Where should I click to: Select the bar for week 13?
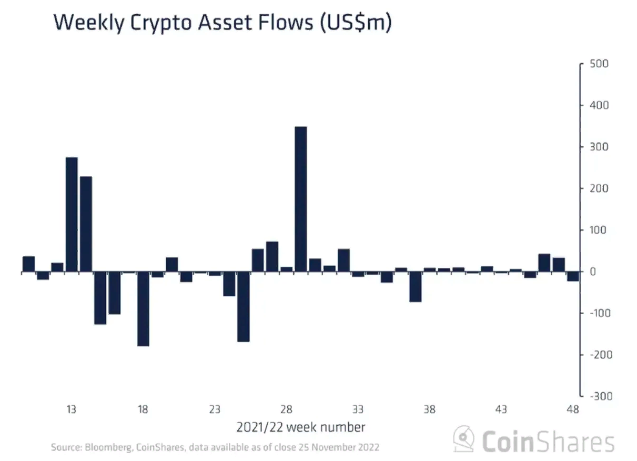pos(72,214)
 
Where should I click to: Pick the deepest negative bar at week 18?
pos(143,309)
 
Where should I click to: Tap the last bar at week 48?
pos(573,277)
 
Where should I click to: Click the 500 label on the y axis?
pos(599,64)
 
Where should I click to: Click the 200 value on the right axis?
pos(599,188)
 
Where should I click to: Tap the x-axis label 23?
pos(215,409)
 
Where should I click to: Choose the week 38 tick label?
pos(430,409)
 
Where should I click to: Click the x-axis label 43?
pos(501,409)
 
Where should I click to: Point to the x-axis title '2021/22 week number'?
pos(300,427)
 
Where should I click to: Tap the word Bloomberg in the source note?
pos(108,448)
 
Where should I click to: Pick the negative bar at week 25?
pos(243,307)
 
